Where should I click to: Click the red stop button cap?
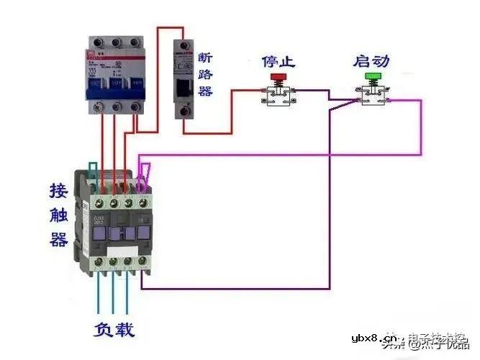pos(277,76)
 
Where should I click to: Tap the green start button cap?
pos(372,76)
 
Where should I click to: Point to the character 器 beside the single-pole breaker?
pos(205,91)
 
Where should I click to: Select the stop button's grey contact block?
pos(277,94)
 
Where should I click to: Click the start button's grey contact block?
pos(372,94)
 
